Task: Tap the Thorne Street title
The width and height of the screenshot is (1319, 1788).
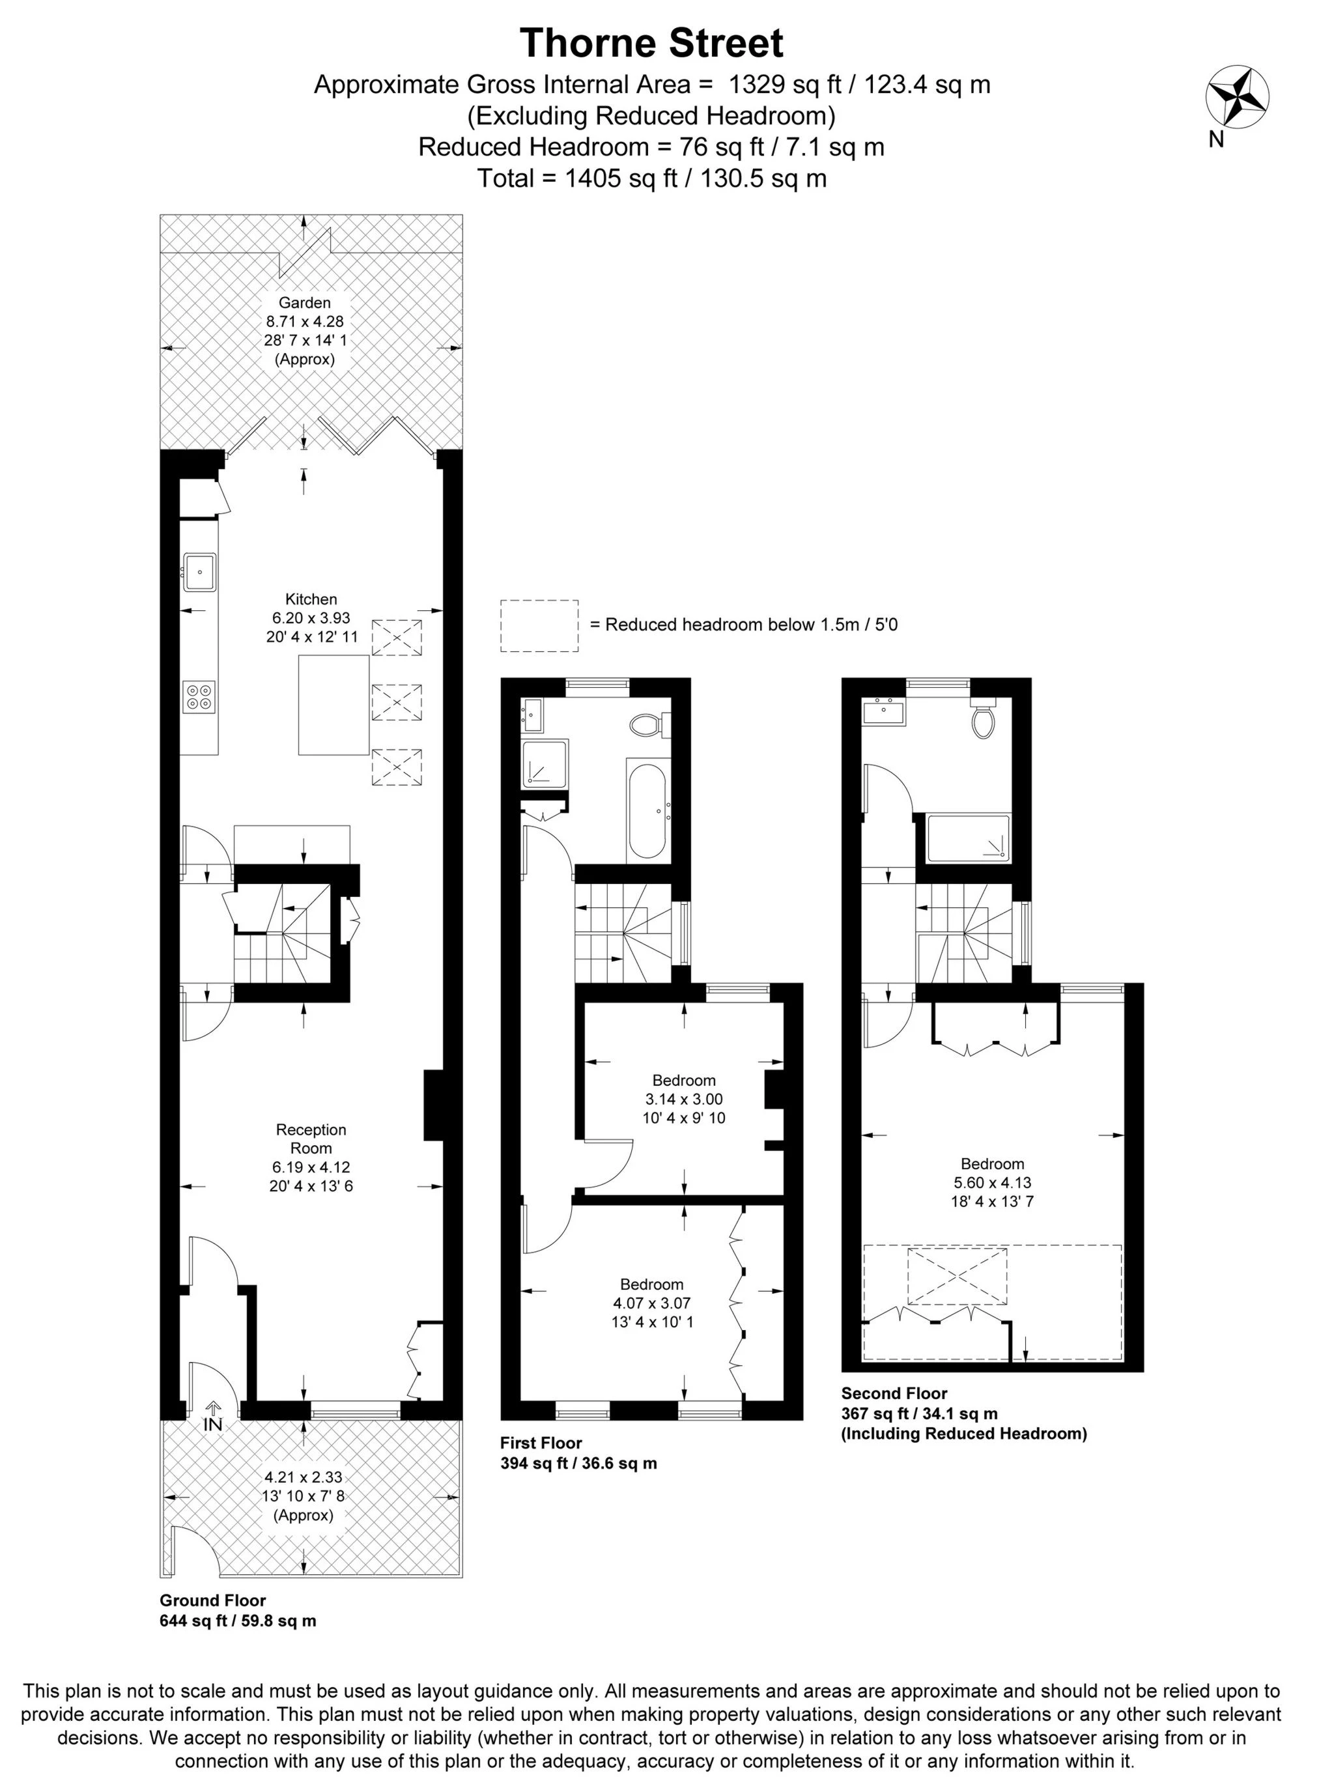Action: tap(651, 43)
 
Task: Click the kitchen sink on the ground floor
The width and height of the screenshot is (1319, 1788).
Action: tap(199, 571)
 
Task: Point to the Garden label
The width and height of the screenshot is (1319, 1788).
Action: tap(304, 302)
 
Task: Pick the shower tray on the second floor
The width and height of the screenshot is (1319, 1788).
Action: tap(968, 838)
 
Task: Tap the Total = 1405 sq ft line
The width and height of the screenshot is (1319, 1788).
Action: tap(651, 178)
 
